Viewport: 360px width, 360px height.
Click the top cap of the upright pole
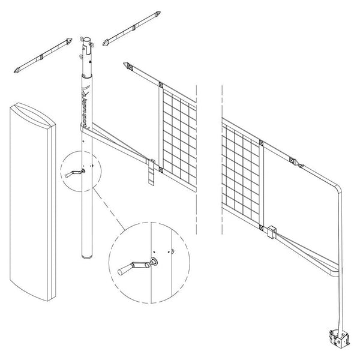tap(87, 41)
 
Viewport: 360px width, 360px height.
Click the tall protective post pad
tap(31, 198)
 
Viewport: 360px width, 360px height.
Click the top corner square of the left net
tap(161, 84)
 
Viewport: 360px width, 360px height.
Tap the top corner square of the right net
tap(260, 143)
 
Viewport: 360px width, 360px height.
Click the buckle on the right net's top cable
tap(292, 160)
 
